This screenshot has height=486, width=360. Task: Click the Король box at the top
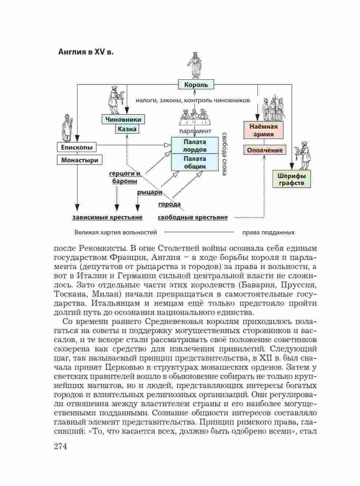[196, 85]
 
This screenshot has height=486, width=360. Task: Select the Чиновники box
[123, 119]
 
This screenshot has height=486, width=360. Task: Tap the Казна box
[127, 129]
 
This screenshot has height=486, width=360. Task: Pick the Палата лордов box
[195, 146]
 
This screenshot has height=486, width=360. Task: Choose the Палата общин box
[195, 162]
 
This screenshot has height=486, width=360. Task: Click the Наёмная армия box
[264, 130]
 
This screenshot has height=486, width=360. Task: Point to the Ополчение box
[265, 150]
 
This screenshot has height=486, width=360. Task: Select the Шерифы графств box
[291, 179]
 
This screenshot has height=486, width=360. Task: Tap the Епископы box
[77, 147]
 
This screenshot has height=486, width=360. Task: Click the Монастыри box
[79, 160]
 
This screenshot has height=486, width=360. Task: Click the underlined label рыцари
[150, 192]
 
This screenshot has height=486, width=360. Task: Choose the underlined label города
[169, 204]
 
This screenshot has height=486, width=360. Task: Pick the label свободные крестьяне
[193, 218]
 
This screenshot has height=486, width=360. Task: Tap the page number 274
[60, 447]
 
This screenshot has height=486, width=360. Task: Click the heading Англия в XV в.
[86, 52]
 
